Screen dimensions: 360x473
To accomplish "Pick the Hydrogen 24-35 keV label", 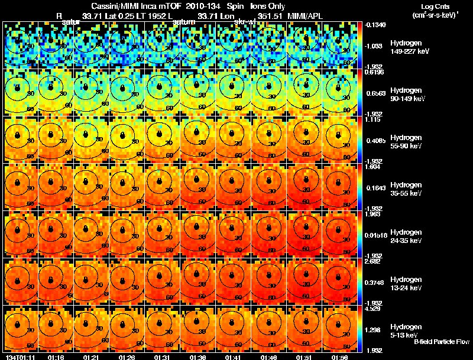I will click(407, 236).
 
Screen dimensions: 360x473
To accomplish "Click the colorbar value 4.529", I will click(372, 308).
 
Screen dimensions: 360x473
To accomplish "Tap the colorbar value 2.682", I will click(372, 261).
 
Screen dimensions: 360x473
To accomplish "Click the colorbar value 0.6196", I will click(374, 72).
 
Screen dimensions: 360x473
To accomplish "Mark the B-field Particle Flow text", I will click(441, 342).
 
